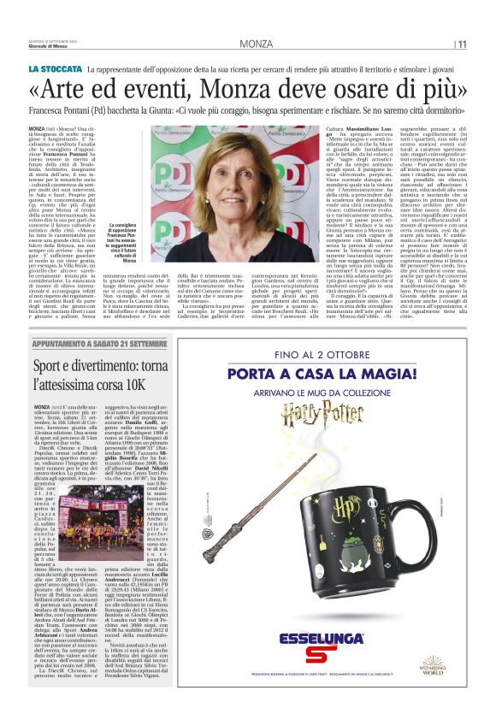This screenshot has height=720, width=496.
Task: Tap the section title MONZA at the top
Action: [257, 44]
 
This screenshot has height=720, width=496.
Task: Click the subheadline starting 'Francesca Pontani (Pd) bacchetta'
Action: [248, 110]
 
